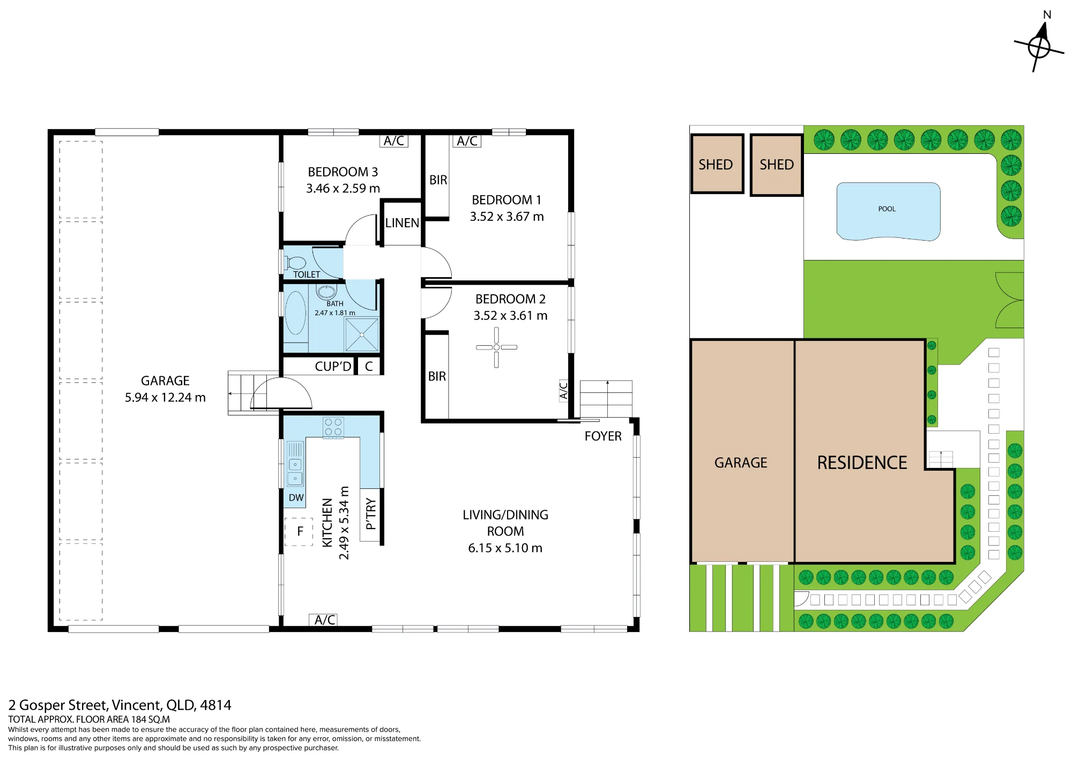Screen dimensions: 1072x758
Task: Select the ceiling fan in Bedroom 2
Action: [x=496, y=347]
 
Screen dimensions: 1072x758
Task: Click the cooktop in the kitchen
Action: [x=333, y=427]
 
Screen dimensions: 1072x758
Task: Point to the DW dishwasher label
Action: [x=296, y=497]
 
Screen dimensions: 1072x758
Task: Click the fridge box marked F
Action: [x=299, y=531]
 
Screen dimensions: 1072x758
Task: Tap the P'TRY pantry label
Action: [x=370, y=514]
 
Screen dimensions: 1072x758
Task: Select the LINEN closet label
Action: [x=402, y=222]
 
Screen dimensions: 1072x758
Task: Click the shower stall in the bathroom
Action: [x=362, y=335]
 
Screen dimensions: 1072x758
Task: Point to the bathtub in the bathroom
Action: [x=295, y=313]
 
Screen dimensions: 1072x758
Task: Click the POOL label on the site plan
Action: [x=887, y=209]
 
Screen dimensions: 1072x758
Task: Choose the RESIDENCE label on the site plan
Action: [x=862, y=463]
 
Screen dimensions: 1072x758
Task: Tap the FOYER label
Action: [x=603, y=436]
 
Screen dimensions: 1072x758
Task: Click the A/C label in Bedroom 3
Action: [x=394, y=141]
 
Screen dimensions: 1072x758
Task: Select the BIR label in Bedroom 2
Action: [x=437, y=376]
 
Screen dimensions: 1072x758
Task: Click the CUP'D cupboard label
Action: [x=333, y=366]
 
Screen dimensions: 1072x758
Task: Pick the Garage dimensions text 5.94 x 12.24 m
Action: [x=165, y=397]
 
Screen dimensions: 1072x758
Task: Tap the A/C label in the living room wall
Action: [x=325, y=620]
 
